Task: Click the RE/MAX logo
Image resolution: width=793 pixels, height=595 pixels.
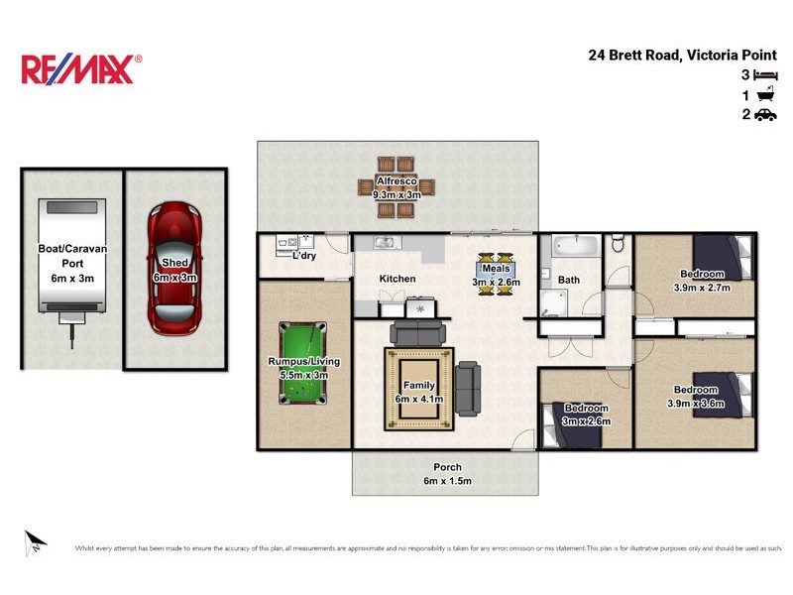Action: tap(81, 68)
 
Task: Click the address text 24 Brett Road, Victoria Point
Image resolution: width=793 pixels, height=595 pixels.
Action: tap(683, 56)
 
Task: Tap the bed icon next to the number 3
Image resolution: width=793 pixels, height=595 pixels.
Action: tap(765, 75)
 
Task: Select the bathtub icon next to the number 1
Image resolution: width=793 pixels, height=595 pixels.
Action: tap(765, 95)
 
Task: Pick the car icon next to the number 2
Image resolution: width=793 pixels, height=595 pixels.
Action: tap(765, 115)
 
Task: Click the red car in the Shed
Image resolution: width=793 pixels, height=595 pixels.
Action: tap(173, 268)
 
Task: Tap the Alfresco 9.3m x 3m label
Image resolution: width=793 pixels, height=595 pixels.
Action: tap(397, 188)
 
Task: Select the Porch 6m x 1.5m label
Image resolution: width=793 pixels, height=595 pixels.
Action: tap(447, 474)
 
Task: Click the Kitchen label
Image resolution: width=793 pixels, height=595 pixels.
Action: tap(397, 280)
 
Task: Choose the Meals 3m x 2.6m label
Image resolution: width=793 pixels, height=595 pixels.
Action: tap(496, 275)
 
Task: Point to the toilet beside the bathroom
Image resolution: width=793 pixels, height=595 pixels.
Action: tap(618, 243)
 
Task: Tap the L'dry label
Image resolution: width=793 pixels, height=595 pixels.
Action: tap(304, 256)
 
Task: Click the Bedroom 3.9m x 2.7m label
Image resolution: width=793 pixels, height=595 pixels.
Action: tap(701, 281)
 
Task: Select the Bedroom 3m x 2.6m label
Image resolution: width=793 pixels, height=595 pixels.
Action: tap(586, 415)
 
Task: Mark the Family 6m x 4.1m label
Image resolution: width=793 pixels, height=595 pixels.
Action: tap(419, 392)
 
